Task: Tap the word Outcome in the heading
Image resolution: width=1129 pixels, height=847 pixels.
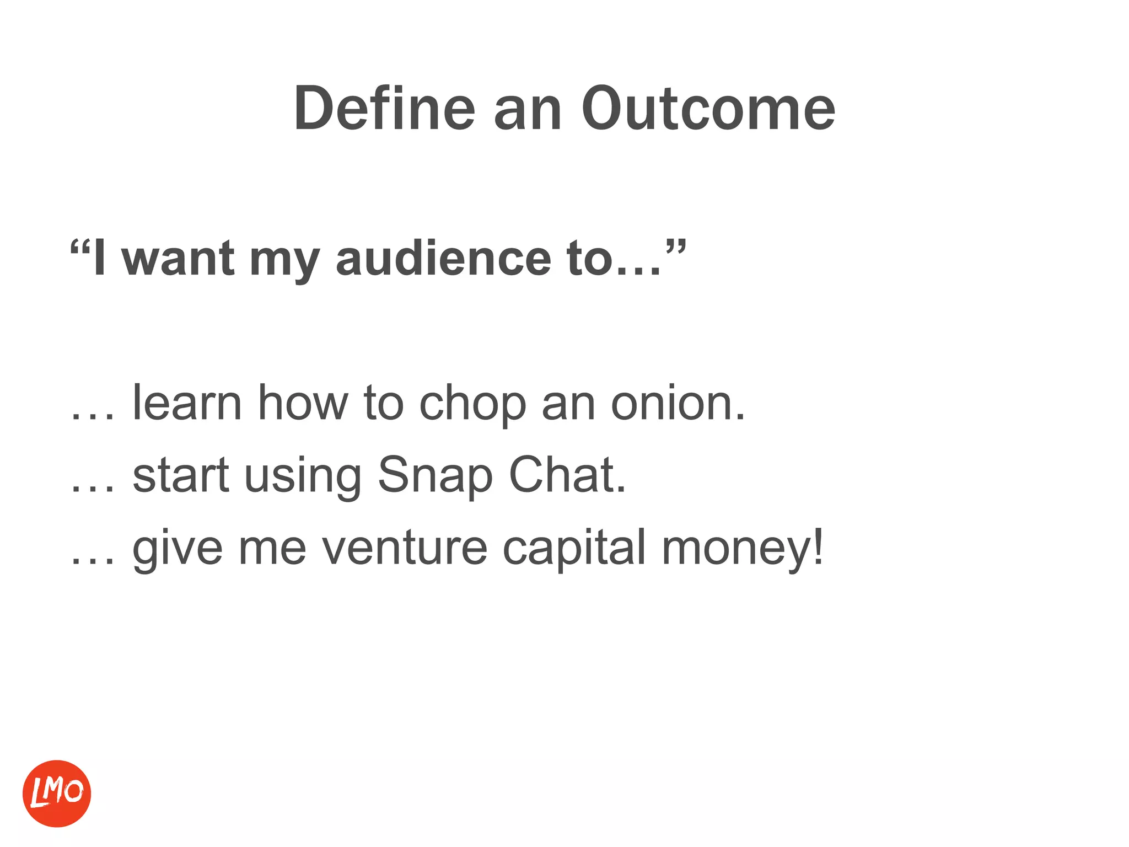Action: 708,109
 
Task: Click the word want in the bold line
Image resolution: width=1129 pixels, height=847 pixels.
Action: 179,259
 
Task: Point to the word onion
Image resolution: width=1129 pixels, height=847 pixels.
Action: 678,403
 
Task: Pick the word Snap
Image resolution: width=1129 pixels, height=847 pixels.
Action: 435,476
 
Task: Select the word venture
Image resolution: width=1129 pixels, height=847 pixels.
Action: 405,548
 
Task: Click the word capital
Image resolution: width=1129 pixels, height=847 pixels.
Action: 574,548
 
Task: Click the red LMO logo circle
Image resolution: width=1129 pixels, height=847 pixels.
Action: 57,794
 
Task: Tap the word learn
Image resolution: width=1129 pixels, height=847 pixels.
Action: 187,403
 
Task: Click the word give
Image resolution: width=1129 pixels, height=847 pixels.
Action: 178,548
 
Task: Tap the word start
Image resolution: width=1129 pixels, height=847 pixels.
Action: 181,476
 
